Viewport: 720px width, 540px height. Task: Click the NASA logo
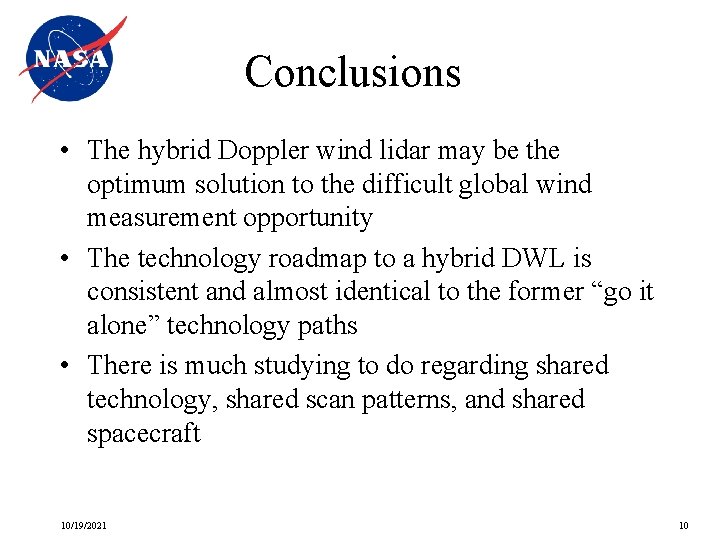70,59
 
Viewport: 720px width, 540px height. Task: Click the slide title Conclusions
352,72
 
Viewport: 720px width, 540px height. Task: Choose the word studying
304,366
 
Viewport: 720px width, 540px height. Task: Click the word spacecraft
144,434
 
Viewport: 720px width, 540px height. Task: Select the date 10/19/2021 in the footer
83,526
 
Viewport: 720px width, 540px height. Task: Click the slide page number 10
683,526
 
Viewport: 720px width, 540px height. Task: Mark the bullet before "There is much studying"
63,366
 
